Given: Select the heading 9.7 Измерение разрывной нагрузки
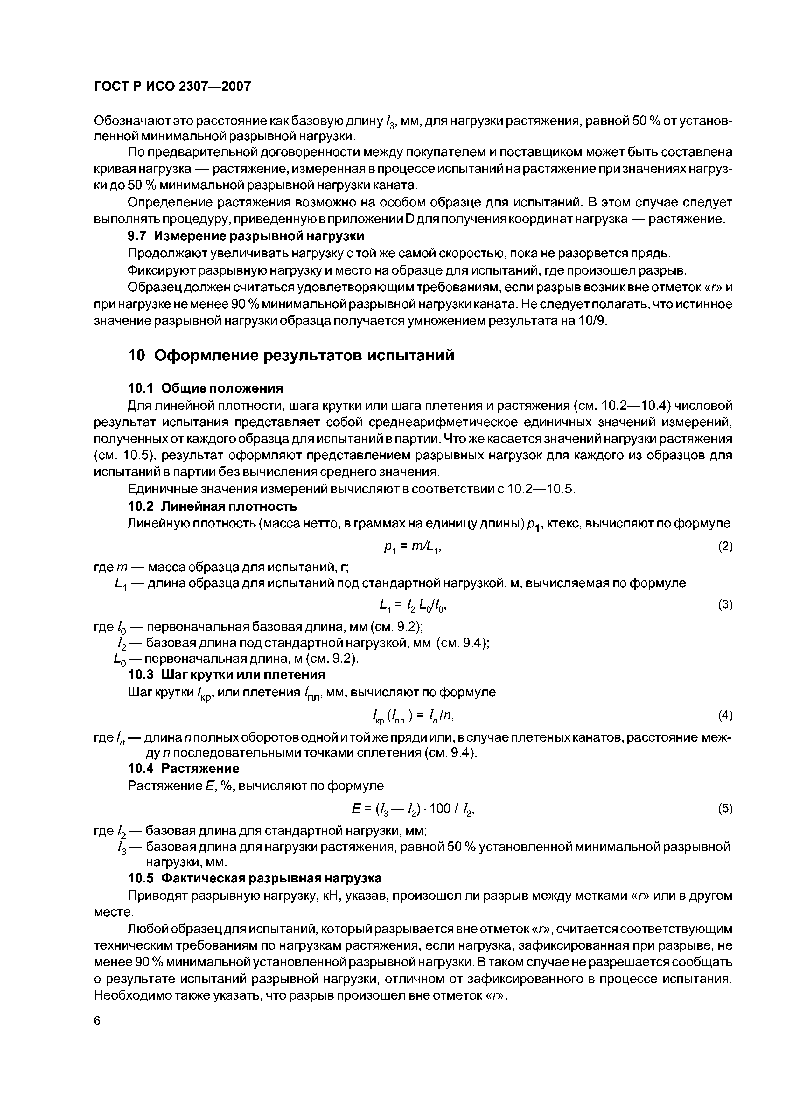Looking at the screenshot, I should pyautogui.click(x=246, y=236).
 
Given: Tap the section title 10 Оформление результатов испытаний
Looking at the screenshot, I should pyautogui.click(x=291, y=355).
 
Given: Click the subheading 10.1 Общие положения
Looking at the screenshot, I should pyautogui.click(x=205, y=388).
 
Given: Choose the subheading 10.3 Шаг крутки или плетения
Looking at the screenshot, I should pyautogui.click(x=226, y=675).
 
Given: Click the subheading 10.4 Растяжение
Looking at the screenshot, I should pyautogui.click(x=183, y=769).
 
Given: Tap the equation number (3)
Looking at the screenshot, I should pyautogui.click(x=725, y=605).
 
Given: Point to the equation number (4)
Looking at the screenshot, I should pyautogui.click(x=725, y=715).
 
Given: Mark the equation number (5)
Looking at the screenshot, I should pyautogui.click(x=725, y=808).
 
